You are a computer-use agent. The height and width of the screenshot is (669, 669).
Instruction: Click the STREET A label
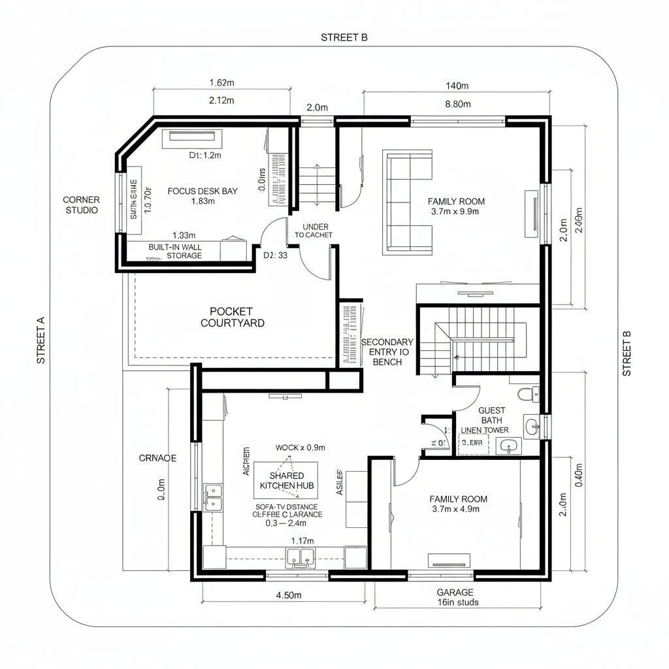pyautogui.click(x=41, y=340)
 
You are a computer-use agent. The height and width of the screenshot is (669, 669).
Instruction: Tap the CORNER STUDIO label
pyautogui.click(x=82, y=204)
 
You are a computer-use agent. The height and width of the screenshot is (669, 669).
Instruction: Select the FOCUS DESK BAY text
pyautogui.click(x=203, y=191)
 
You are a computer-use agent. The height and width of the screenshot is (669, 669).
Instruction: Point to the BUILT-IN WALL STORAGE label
pyautogui.click(x=175, y=251)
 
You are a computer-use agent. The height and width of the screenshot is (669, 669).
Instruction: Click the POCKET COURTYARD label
pyautogui.click(x=233, y=317)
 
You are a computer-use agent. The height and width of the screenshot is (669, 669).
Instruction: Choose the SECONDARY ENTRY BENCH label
pyautogui.click(x=387, y=351)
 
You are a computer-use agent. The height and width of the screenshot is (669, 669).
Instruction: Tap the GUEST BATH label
pyautogui.click(x=492, y=415)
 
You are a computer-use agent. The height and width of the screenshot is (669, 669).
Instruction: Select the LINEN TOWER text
pyautogui.click(x=485, y=431)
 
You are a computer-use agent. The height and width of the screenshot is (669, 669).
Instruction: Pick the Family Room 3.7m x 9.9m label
pyautogui.click(x=456, y=206)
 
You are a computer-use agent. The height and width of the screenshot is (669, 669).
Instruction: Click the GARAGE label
pyautogui.click(x=455, y=592)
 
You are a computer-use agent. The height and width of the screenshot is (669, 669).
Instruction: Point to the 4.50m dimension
pyautogui.click(x=288, y=595)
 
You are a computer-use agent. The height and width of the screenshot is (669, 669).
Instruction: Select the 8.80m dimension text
pyautogui.click(x=457, y=104)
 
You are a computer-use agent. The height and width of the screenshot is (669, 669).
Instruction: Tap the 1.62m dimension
pyautogui.click(x=221, y=83)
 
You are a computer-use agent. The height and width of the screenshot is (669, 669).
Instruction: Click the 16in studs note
pyautogui.click(x=457, y=602)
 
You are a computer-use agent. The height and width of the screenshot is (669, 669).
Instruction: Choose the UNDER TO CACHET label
pyautogui.click(x=314, y=231)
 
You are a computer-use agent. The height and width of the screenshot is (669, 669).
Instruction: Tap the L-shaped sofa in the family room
pyautogui.click(x=408, y=203)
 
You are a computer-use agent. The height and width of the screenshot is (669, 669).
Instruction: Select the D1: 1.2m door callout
pyautogui.click(x=205, y=155)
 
